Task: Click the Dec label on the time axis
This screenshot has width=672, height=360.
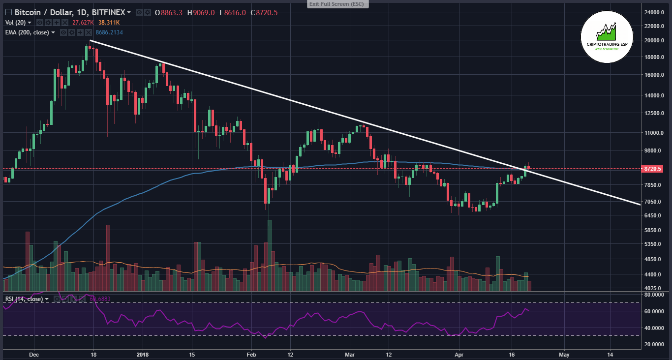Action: coord(34,355)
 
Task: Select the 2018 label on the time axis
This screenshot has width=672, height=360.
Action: coord(143,355)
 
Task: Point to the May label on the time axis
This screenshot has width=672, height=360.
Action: coord(564,355)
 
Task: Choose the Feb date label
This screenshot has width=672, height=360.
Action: coord(252,355)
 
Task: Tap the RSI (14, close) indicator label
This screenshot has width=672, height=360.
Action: coord(24,299)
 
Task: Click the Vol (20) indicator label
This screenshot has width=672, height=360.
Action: coord(15,23)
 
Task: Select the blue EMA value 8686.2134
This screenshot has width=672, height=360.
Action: coord(109,32)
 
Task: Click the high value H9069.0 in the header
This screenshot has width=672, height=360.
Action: coord(201,12)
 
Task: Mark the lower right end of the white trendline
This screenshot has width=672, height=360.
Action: coord(640,204)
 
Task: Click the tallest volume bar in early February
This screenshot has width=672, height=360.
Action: coord(269,256)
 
